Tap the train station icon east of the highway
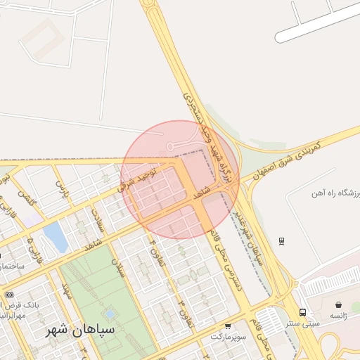click(x=281, y=241)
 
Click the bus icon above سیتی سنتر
click(x=302, y=312)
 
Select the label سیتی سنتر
click(x=303, y=324)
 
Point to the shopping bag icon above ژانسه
click(x=339, y=305)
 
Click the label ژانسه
click(x=339, y=316)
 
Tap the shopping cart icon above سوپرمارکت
click(x=228, y=326)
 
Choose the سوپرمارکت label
click(x=228, y=337)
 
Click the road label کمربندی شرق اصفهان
click(x=285, y=159)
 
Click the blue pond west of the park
click(x=55, y=237)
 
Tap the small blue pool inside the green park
click(x=109, y=314)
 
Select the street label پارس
click(x=63, y=189)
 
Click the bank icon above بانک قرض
click(x=9, y=295)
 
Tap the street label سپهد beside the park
click(x=67, y=290)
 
